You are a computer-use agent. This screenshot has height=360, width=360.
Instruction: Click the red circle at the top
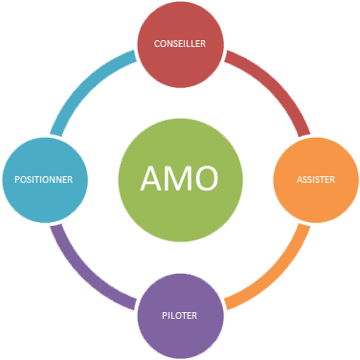coord(180,44)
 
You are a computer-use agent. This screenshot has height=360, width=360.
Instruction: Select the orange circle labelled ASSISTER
coord(316,179)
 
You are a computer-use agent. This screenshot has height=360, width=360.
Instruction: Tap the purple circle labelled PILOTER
coord(180,314)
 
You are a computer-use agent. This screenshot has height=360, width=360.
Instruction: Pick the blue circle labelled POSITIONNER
coord(45,179)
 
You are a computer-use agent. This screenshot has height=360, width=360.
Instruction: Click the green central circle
coord(180,179)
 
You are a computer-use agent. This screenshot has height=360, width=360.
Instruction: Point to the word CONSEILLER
coord(180,44)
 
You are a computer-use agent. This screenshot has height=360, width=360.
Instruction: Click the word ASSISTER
coord(316,179)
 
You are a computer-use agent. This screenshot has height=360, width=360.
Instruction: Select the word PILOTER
coord(180,314)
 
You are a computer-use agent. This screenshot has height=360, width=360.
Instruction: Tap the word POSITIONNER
coord(45,179)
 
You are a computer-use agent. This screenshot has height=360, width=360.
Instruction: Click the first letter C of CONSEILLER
coord(157,44)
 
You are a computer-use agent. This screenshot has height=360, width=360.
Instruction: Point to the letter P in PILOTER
coord(164,314)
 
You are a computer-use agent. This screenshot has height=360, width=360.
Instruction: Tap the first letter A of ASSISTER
coord(299,179)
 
